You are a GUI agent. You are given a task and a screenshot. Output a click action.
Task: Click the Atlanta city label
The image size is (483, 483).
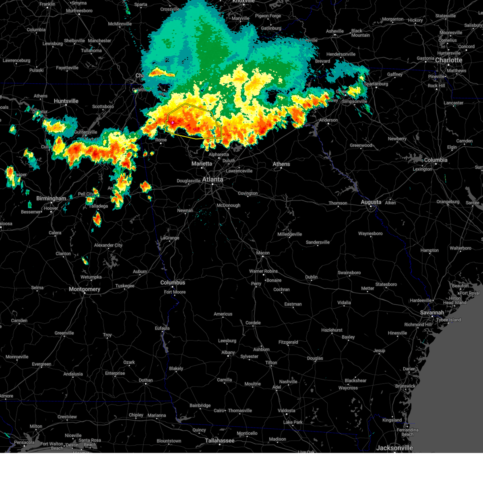point(213,180)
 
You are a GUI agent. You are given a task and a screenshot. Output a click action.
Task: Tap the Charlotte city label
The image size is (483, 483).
point(448,60)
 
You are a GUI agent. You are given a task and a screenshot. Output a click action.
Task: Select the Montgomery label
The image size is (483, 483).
point(84,289)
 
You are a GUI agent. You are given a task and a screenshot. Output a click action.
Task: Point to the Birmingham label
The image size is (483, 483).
point(51,198)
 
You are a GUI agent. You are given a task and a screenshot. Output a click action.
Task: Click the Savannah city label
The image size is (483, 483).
point(432,313)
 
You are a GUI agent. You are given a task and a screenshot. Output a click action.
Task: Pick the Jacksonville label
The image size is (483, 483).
point(394,448)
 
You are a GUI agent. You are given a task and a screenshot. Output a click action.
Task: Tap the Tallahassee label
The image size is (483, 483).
point(219,441)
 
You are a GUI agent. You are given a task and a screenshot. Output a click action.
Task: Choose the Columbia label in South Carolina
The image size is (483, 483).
point(436,160)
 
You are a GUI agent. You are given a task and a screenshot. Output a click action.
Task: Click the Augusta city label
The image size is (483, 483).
point(371,202)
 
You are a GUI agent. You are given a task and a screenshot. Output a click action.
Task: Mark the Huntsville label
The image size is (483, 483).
point(66,101)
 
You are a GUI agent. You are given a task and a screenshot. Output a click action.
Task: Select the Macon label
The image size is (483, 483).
point(263,253)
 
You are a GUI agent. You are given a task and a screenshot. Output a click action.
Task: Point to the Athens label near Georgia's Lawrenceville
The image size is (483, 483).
point(281,164)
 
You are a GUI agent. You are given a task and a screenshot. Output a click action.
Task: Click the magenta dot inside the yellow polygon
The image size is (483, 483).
point(173,122)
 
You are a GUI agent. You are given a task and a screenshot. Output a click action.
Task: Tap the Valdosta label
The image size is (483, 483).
point(286,411)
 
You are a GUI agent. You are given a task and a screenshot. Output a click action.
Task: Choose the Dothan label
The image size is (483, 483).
point(146,380)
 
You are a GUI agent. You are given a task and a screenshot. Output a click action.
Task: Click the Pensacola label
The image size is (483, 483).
point(24,443)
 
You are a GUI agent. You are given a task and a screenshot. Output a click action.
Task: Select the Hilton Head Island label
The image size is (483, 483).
point(454,300)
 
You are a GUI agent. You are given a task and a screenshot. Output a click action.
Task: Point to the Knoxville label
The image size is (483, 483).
point(244,2)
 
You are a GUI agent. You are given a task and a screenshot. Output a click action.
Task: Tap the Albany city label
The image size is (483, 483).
point(228,353)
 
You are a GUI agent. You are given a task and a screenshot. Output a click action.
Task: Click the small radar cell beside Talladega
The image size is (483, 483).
point(97,219)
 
